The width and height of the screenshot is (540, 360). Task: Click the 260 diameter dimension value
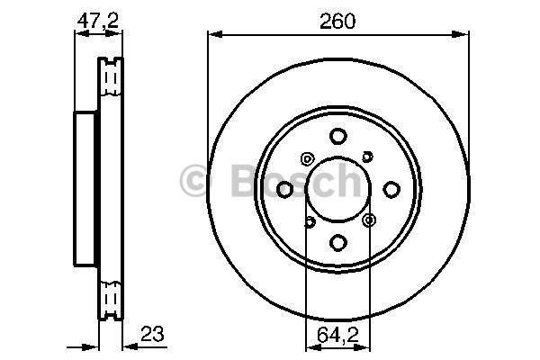coord(337,22)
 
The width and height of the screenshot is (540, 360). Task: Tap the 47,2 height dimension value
coord(98,21)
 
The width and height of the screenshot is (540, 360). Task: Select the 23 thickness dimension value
coord(152,333)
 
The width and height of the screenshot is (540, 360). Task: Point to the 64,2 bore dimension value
coord(337,335)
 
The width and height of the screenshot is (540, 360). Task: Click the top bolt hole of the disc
coord(337,136)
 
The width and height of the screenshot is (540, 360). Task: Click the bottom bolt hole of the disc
coord(337,242)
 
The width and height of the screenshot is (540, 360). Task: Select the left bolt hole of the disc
coord(284,189)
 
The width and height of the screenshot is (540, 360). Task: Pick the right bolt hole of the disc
coord(391,189)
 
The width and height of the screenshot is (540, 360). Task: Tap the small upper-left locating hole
coord(307,158)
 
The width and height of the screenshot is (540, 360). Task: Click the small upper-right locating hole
coord(368,157)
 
